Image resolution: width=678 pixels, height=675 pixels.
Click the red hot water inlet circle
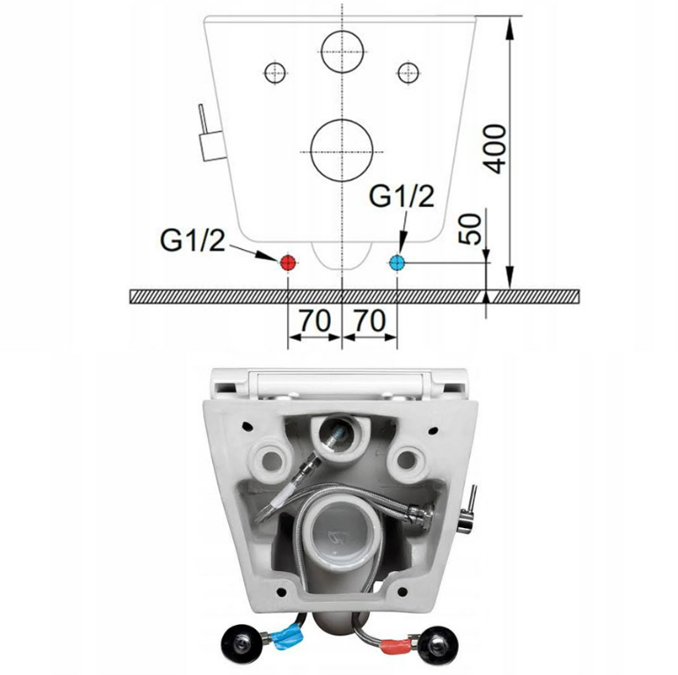tap(288, 263)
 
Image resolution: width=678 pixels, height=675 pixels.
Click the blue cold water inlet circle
tap(396, 263)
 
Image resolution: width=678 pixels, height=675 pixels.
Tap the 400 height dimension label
tap(495, 149)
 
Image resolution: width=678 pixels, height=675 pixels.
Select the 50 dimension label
tap(470, 229)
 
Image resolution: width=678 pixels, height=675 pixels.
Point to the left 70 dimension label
tap(315, 320)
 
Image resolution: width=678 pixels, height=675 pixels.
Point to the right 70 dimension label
tap(370, 320)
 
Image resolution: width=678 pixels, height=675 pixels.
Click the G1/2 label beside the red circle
tap(193, 240)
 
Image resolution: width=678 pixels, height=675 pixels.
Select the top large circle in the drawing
tap(343, 51)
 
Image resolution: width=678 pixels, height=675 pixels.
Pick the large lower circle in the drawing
tap(342, 150)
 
